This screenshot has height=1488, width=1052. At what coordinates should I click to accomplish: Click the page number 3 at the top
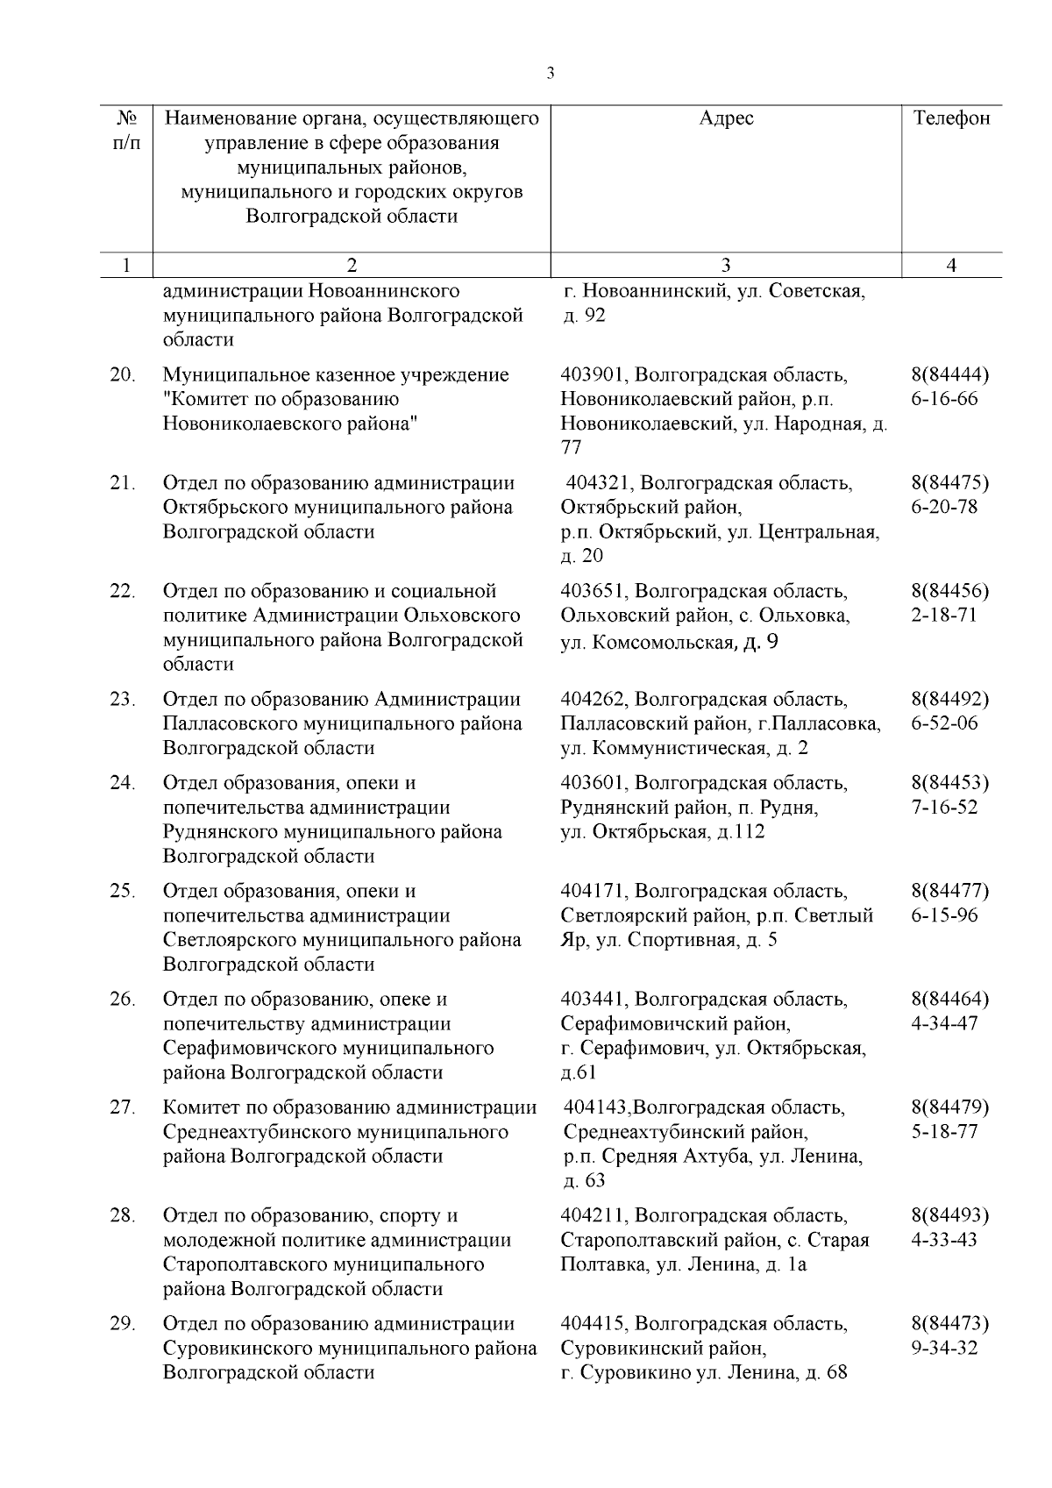[550, 74]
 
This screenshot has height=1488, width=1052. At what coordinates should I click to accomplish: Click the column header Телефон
[951, 118]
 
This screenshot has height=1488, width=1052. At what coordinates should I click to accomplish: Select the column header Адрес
[726, 118]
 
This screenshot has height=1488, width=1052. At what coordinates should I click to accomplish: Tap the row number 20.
[123, 375]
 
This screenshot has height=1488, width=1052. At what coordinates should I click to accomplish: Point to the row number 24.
[123, 783]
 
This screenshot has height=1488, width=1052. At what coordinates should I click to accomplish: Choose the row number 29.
[123, 1324]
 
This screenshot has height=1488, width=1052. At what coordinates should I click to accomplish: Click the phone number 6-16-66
[945, 400]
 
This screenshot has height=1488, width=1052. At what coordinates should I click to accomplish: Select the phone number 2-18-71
[944, 616]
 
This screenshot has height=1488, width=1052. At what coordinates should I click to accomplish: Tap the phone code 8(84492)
[950, 700]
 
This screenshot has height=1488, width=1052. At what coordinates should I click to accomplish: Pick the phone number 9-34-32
[944, 1349]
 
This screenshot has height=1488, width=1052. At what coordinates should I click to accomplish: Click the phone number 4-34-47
[944, 1023]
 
